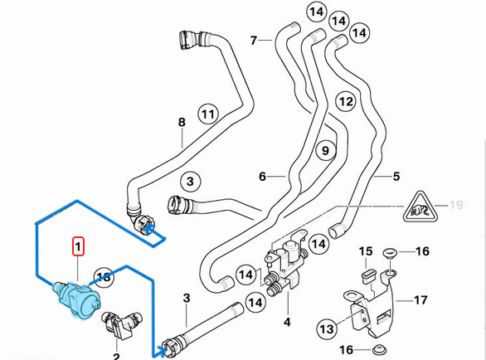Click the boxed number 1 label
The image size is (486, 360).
77,246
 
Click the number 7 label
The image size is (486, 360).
255,38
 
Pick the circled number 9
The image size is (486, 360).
324,151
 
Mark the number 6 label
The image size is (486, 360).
262,177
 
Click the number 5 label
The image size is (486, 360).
396,176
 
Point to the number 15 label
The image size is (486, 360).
366,251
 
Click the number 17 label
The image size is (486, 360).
420,299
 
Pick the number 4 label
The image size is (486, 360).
287,321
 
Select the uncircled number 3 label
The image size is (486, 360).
187,298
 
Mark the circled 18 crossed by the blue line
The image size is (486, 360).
103,277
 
